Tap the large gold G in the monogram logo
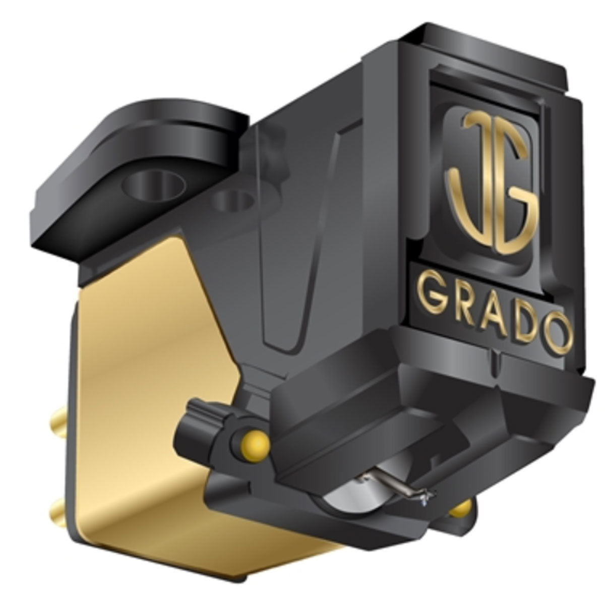pyautogui.click(x=507, y=202)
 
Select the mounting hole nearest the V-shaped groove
pyautogui.click(x=232, y=202)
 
